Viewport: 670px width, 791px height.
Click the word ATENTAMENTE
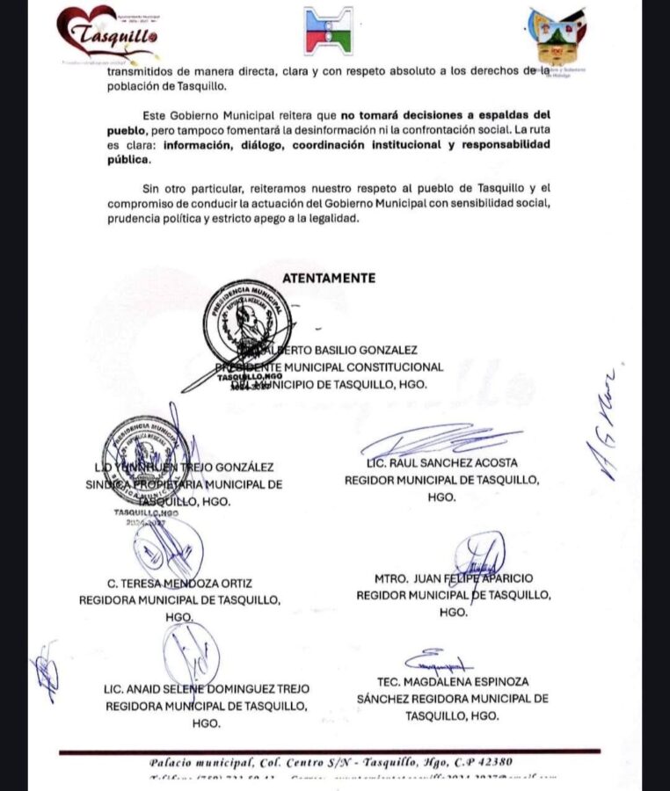tap(329, 278)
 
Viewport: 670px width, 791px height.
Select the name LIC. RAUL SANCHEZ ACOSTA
tap(441, 462)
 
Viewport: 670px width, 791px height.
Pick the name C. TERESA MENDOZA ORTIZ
tap(178, 583)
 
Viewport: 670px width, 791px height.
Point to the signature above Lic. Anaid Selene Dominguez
tap(190, 655)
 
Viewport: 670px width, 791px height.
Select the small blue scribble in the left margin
tap(44, 672)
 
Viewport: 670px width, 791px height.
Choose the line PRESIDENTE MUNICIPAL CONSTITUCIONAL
tap(330, 366)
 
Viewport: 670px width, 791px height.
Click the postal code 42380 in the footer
tap(485, 762)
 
